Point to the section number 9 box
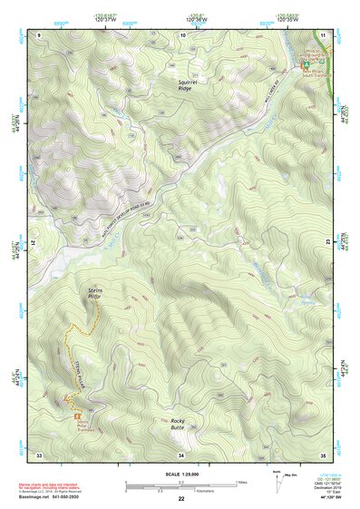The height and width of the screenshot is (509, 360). pyautogui.click(x=40, y=34)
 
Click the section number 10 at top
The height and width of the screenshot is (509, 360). pyautogui.click(x=183, y=34)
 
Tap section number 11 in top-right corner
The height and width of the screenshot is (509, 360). pyautogui.click(x=324, y=34)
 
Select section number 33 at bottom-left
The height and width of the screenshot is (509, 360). pyautogui.click(x=39, y=454)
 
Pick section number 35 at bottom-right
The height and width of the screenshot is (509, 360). pyautogui.click(x=323, y=454)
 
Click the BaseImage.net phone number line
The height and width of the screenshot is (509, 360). pyautogui.click(x=45, y=500)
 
